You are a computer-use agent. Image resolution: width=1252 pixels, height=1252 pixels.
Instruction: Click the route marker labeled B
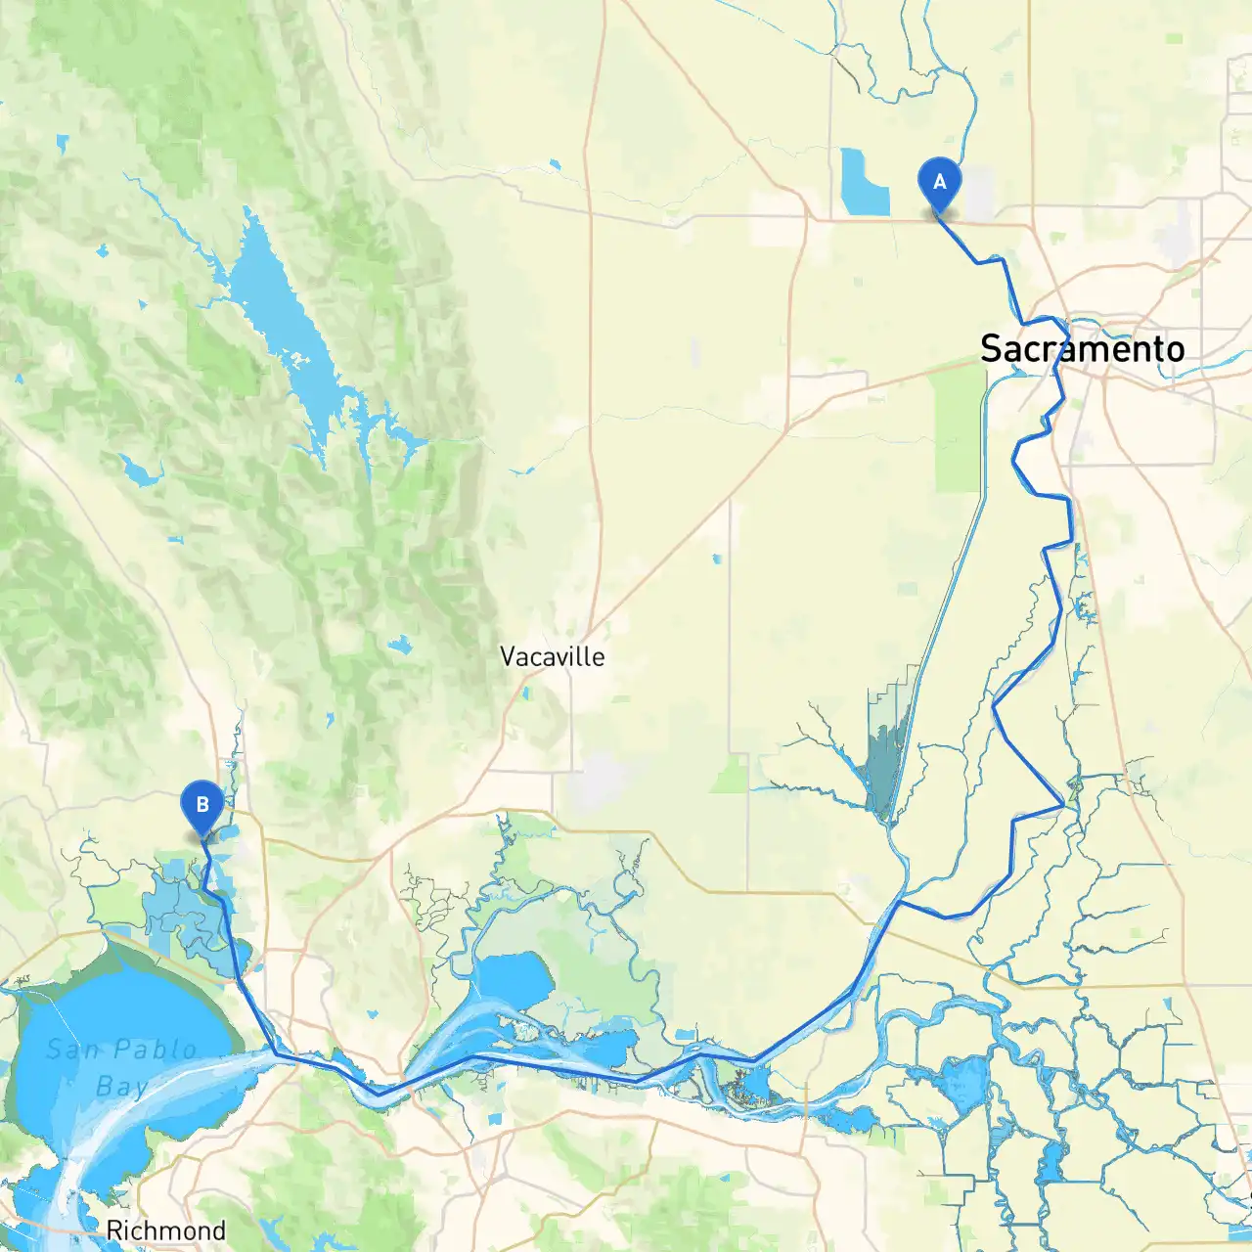pyautogui.click(x=202, y=807)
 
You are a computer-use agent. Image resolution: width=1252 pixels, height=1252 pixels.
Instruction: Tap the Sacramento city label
pyautogui.click(x=1082, y=348)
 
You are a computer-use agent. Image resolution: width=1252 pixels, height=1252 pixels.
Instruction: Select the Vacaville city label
pyautogui.click(x=552, y=656)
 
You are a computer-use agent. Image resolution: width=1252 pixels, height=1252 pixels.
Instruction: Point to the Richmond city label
pyautogui.click(x=165, y=1230)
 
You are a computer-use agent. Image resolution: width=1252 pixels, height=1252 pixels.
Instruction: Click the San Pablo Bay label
pyautogui.click(x=122, y=1067)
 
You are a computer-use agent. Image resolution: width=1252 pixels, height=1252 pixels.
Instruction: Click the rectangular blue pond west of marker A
pyautogui.click(x=864, y=183)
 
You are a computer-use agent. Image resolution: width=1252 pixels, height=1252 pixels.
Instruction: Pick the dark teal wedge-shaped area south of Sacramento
pyautogui.click(x=885, y=763)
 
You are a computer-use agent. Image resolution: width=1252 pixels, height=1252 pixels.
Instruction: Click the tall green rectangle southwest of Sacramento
pyautogui.click(x=959, y=430)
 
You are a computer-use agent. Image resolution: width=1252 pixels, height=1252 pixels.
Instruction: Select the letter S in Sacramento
pyautogui.click(x=992, y=349)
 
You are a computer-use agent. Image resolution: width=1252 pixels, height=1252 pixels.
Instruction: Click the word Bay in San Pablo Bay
pyautogui.click(x=122, y=1087)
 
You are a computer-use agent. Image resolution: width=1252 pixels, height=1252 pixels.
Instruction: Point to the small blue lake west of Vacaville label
pyautogui.click(x=399, y=646)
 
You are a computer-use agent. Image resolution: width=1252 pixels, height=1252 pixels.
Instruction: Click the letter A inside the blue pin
pyautogui.click(x=940, y=182)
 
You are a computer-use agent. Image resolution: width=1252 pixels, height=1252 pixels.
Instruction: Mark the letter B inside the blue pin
pyautogui.click(x=202, y=805)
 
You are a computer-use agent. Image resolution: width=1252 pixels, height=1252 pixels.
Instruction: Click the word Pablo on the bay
pyautogui.click(x=154, y=1051)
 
